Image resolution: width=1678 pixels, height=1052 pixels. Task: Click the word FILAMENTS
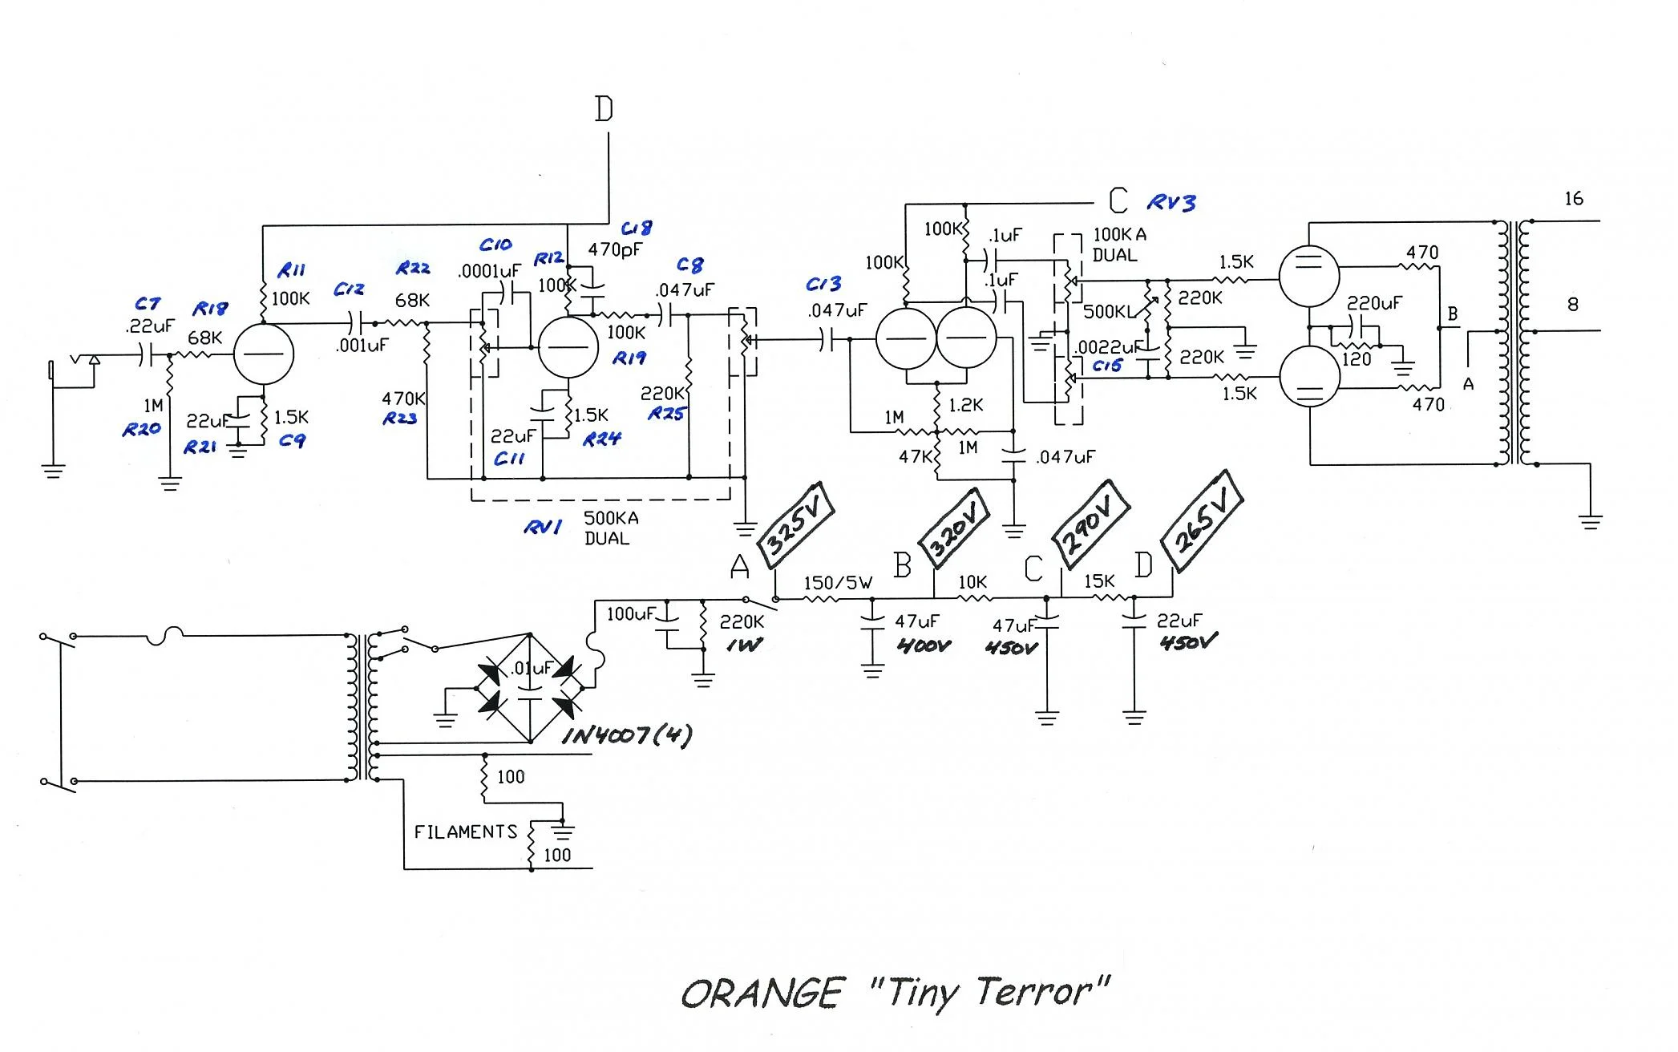[x=466, y=832]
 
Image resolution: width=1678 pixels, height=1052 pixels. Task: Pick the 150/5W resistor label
[x=838, y=583]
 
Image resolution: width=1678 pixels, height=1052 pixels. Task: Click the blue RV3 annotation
[x=1171, y=203]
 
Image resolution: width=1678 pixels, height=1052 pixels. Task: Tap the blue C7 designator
[x=148, y=304]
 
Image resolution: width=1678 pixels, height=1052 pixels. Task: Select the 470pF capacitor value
[x=615, y=249]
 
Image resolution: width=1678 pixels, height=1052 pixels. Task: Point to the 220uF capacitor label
[x=1374, y=303]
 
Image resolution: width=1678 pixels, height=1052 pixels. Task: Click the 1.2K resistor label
[x=966, y=406]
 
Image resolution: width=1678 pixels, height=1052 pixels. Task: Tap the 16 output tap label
[x=1574, y=199]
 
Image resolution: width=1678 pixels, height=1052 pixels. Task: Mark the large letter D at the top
[x=604, y=109]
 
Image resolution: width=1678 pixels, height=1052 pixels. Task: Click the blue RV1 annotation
[x=543, y=527]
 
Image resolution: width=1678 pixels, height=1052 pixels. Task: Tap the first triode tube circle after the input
[x=264, y=354]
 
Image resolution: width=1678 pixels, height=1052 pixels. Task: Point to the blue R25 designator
[x=666, y=414]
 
